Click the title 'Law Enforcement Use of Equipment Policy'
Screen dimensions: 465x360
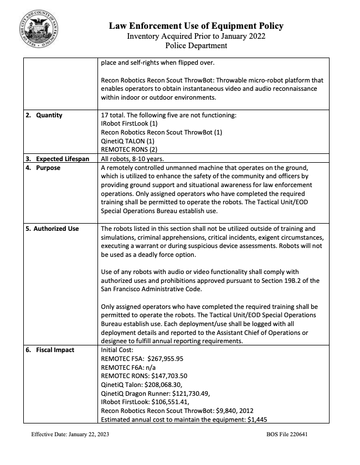point(196,26)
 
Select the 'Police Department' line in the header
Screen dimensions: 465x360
point(196,45)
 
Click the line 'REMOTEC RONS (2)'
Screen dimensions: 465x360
point(129,150)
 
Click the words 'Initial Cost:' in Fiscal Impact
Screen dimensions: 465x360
point(116,350)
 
